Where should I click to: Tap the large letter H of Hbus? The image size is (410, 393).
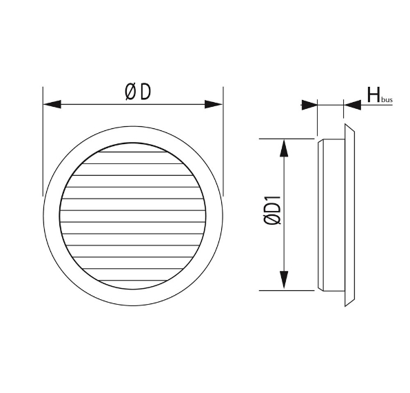pyautogui.click(x=373, y=94)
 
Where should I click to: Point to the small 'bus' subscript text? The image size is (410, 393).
pyautogui.click(x=387, y=100)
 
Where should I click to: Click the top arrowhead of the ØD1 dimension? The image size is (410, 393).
pyautogui.click(x=283, y=147)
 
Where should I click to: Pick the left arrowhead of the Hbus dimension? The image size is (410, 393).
pyautogui.click(x=309, y=105)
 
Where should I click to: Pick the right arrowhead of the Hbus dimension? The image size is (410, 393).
pyautogui.click(x=352, y=105)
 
